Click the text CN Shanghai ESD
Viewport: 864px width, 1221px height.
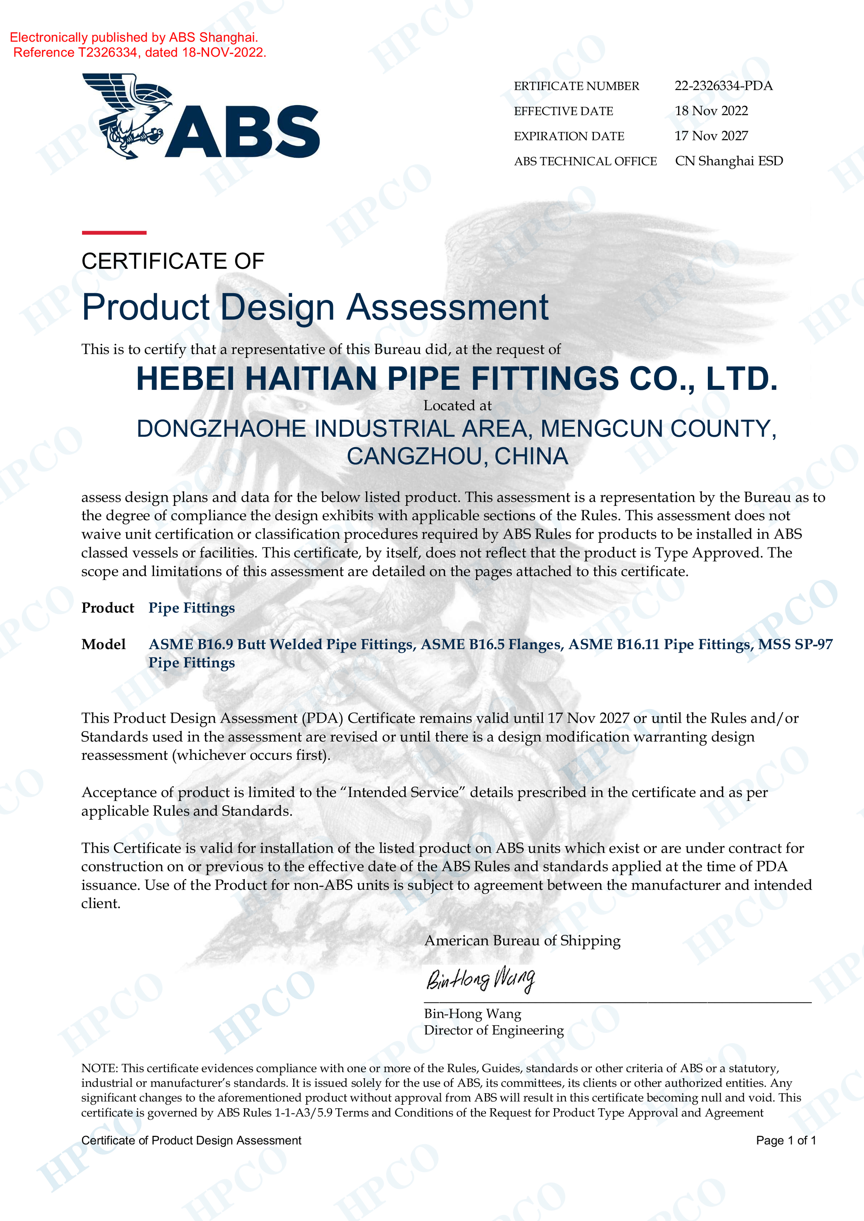pos(729,161)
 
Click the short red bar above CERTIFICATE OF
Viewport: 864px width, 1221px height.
pos(114,233)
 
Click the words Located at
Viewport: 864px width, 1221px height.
pos(457,406)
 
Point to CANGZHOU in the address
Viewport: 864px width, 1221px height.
pos(417,457)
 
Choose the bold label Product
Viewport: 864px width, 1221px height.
pos(108,608)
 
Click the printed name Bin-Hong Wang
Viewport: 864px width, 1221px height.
pos(472,1014)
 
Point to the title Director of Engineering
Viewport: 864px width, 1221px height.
pos(494,1031)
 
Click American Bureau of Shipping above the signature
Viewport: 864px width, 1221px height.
pos(522,941)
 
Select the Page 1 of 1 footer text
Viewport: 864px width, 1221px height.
pos(785,1140)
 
